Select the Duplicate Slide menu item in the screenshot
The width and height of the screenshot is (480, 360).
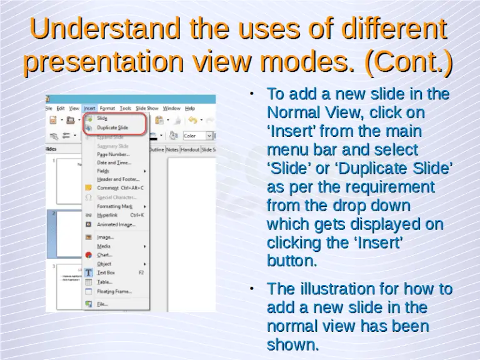click(x=112, y=127)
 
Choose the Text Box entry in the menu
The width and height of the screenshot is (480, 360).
click(x=106, y=272)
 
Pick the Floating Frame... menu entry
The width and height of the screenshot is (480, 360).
click(x=114, y=291)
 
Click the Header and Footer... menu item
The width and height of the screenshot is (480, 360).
click(x=117, y=179)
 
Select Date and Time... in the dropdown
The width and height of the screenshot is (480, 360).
click(x=114, y=162)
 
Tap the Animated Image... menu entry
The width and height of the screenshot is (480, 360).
click(x=116, y=224)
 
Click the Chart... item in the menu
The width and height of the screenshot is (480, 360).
click(x=104, y=255)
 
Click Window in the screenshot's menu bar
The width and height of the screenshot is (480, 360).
click(x=172, y=108)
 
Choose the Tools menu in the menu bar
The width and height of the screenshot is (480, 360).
click(x=125, y=108)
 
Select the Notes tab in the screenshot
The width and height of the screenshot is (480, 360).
click(x=172, y=150)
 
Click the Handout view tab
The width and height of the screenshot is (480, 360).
click(x=190, y=150)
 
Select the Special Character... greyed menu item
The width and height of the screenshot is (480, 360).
click(x=117, y=197)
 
